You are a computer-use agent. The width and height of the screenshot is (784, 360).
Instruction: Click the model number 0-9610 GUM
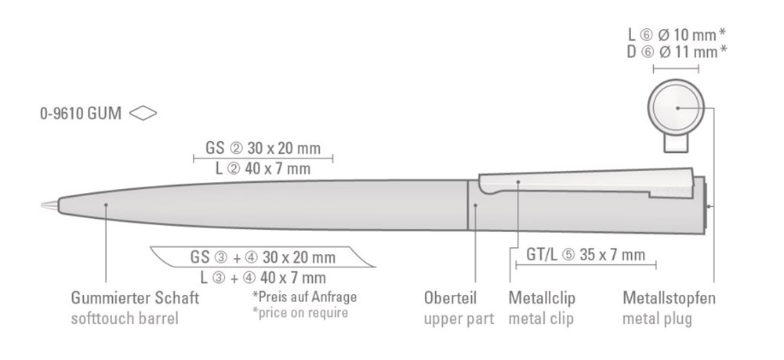point(81,114)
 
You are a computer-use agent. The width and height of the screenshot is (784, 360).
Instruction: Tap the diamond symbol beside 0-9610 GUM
point(143,114)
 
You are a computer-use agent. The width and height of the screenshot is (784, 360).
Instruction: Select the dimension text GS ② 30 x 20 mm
point(263,148)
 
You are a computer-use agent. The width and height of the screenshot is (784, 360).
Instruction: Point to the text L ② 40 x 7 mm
point(263,169)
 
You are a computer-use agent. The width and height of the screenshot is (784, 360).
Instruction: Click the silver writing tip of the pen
point(49,205)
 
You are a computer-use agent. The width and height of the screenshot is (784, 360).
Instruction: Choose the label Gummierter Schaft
point(135,298)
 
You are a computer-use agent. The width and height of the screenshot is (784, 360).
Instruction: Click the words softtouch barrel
point(125,318)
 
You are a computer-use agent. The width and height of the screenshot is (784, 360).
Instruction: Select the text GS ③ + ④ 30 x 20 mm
point(263,257)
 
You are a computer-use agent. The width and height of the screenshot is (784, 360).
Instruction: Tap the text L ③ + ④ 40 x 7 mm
point(263,278)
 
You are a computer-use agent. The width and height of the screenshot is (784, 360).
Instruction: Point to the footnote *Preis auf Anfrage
point(304,296)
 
